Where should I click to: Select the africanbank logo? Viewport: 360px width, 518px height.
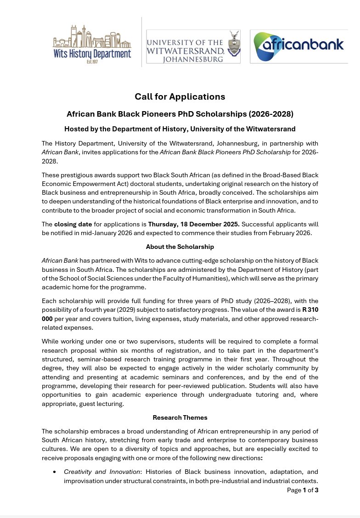(298, 46)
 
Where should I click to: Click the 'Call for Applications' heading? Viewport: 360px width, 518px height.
(180, 96)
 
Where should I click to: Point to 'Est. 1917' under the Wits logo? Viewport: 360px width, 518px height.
(92, 62)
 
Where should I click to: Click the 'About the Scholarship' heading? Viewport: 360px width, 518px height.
(180, 247)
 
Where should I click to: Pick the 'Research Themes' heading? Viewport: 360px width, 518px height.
(180, 417)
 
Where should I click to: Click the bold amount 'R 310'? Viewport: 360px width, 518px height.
(307, 310)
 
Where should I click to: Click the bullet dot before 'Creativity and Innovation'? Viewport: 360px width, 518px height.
(55, 472)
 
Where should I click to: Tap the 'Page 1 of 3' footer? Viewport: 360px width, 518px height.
(302, 490)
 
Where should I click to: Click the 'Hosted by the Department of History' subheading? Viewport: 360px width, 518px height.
(180, 129)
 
